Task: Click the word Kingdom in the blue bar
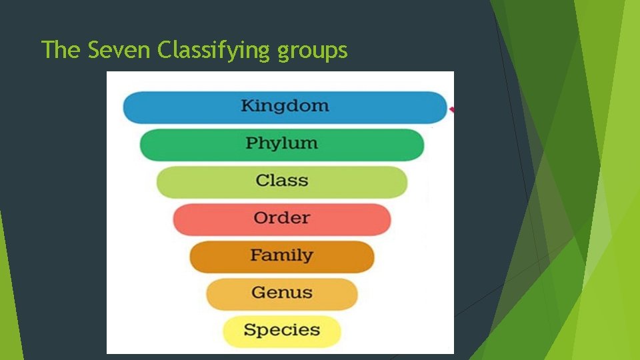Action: [x=285, y=106]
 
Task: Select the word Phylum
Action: [x=281, y=143]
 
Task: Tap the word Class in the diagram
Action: [x=281, y=181]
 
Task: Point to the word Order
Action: [x=281, y=218]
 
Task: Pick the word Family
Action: [x=281, y=255]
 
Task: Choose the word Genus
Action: [x=281, y=293]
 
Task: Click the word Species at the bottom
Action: [x=281, y=330]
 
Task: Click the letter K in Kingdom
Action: [x=247, y=106]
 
